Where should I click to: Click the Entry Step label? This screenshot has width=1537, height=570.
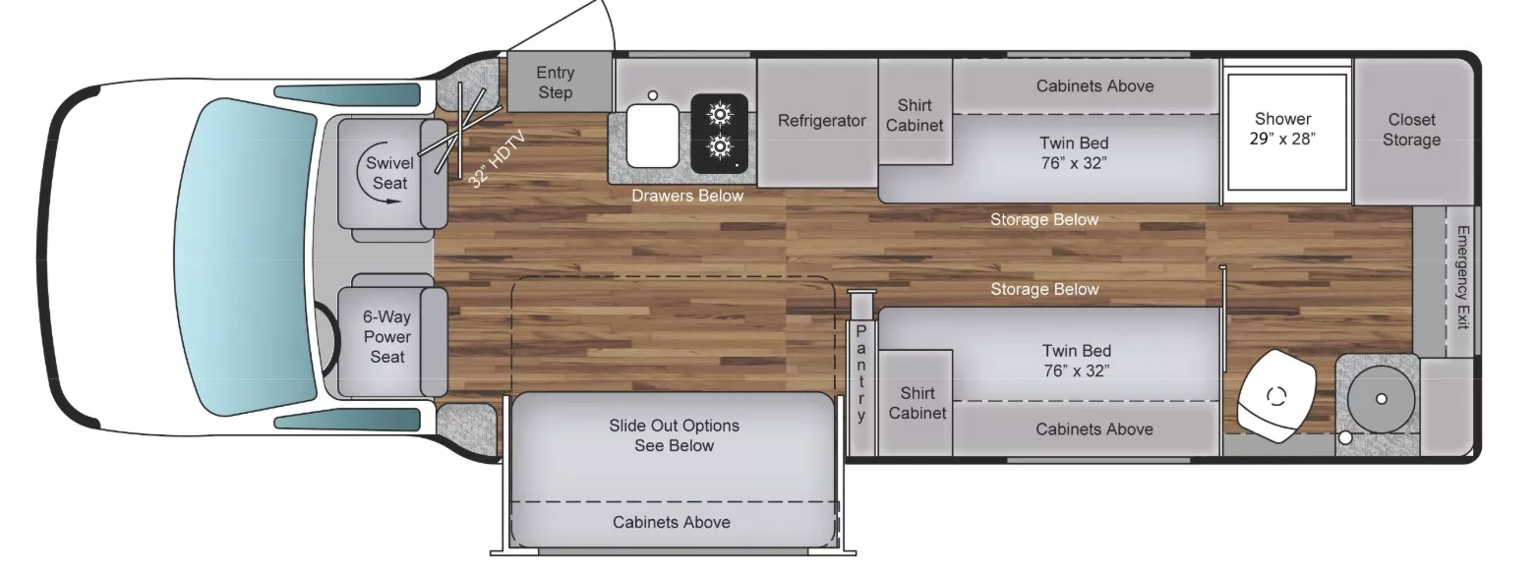(x=556, y=83)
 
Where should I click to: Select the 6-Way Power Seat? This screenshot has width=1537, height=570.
(x=387, y=336)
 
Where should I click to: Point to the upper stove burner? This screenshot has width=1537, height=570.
(x=720, y=115)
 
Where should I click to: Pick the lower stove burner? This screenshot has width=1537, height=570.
(x=720, y=147)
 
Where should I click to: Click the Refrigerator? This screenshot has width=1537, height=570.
(x=821, y=121)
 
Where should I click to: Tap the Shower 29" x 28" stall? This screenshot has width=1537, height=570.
(x=1282, y=130)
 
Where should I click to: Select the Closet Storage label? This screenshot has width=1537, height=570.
(x=1411, y=130)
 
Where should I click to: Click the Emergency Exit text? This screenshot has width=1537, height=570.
(x=1462, y=277)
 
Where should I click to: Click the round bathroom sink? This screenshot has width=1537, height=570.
(x=1380, y=398)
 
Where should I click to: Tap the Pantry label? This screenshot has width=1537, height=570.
(x=861, y=373)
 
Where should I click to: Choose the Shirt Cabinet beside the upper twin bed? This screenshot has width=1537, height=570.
(x=915, y=115)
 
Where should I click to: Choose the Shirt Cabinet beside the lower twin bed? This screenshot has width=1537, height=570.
(x=916, y=403)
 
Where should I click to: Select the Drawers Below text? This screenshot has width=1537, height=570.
(x=687, y=196)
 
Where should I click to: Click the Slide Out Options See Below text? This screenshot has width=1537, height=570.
(x=674, y=435)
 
